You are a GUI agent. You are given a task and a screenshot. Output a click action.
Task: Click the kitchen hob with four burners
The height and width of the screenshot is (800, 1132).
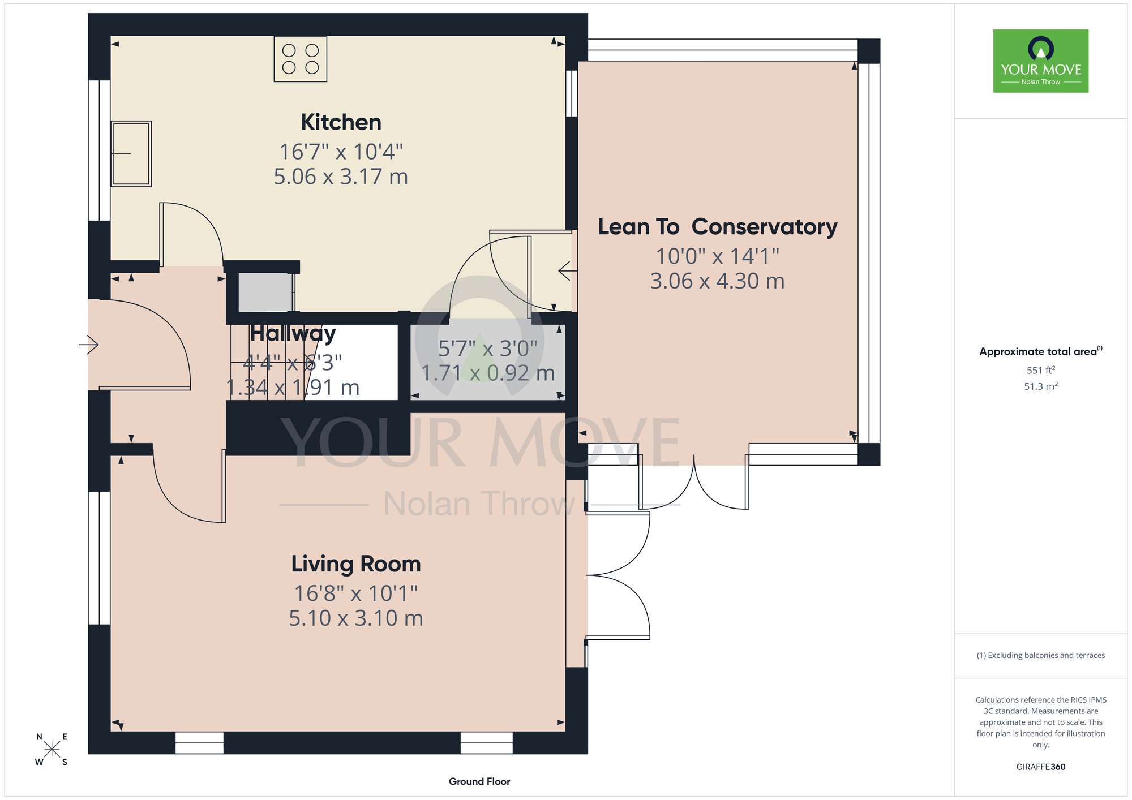[x=301, y=59]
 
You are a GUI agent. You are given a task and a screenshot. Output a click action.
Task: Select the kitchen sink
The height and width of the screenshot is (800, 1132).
[x=131, y=153]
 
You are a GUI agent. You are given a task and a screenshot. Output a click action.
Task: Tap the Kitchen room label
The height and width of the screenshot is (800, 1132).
[x=341, y=122]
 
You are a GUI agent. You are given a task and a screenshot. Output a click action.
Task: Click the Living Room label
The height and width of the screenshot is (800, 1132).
[x=356, y=564]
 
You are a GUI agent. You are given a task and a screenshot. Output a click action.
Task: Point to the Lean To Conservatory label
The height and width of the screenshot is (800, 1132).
[x=718, y=227]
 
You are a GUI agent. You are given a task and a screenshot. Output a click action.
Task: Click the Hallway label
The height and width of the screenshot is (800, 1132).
[x=293, y=333]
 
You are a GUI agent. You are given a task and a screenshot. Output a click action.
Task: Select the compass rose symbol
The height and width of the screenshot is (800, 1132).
[x=52, y=749]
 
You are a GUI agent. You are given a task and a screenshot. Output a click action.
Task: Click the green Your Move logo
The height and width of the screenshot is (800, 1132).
[x=1041, y=61]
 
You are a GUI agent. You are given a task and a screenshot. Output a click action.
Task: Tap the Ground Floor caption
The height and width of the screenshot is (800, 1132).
[x=479, y=781]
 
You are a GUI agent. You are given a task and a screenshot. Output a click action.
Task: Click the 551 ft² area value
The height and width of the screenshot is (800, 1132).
[x=1041, y=370]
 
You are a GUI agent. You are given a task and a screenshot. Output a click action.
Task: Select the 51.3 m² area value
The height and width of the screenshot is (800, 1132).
[x=1041, y=386]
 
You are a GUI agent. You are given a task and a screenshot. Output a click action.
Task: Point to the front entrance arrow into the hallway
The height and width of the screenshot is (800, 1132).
[x=89, y=344]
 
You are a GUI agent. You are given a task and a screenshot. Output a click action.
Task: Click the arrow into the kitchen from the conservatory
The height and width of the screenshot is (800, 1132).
[x=568, y=271]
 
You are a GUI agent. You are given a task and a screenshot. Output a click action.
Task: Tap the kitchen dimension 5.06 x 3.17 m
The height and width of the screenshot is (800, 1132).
[x=341, y=177]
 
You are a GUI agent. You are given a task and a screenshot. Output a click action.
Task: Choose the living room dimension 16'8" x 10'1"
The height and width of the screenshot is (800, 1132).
[x=356, y=593]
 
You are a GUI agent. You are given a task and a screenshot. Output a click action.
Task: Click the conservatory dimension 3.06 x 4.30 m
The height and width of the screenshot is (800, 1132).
[x=718, y=281]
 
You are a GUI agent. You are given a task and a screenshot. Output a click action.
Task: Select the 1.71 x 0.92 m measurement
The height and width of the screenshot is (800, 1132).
[x=488, y=373]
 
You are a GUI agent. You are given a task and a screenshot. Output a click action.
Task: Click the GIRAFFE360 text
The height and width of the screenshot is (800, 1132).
[x=1041, y=767]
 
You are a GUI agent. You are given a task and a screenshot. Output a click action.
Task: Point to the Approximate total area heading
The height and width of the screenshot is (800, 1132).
[x=1041, y=351]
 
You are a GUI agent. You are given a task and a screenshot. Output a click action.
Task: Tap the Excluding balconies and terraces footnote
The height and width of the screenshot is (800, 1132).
[x=1041, y=655]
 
